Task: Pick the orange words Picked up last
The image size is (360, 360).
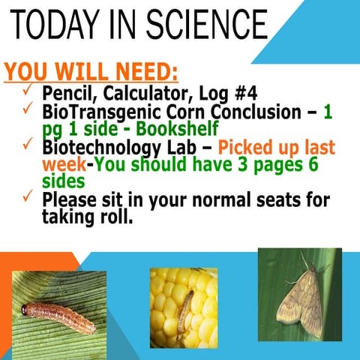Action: (277, 147)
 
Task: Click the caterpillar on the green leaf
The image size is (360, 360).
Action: (58, 316)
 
